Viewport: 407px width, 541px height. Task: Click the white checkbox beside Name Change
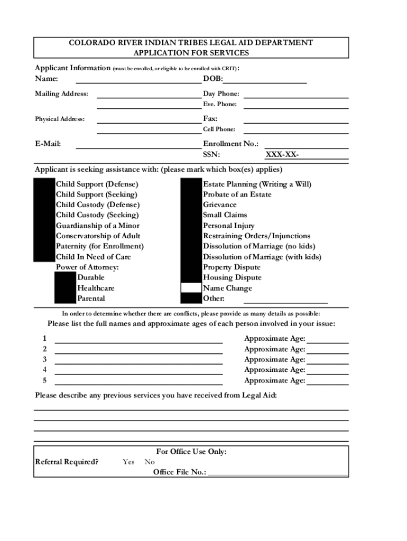[191, 288]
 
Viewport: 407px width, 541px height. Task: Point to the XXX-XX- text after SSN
[282, 155]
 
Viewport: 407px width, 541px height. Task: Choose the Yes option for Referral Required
[128, 462]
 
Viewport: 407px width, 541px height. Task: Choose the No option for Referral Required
[150, 462]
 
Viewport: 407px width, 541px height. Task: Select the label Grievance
[220, 205]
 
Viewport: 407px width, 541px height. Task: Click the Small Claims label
[225, 215]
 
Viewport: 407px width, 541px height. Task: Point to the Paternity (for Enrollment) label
[100, 246]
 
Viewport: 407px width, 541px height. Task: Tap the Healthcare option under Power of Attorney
[96, 288]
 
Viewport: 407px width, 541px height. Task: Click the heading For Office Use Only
[191, 452]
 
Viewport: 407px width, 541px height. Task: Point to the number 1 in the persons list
[45, 339]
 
